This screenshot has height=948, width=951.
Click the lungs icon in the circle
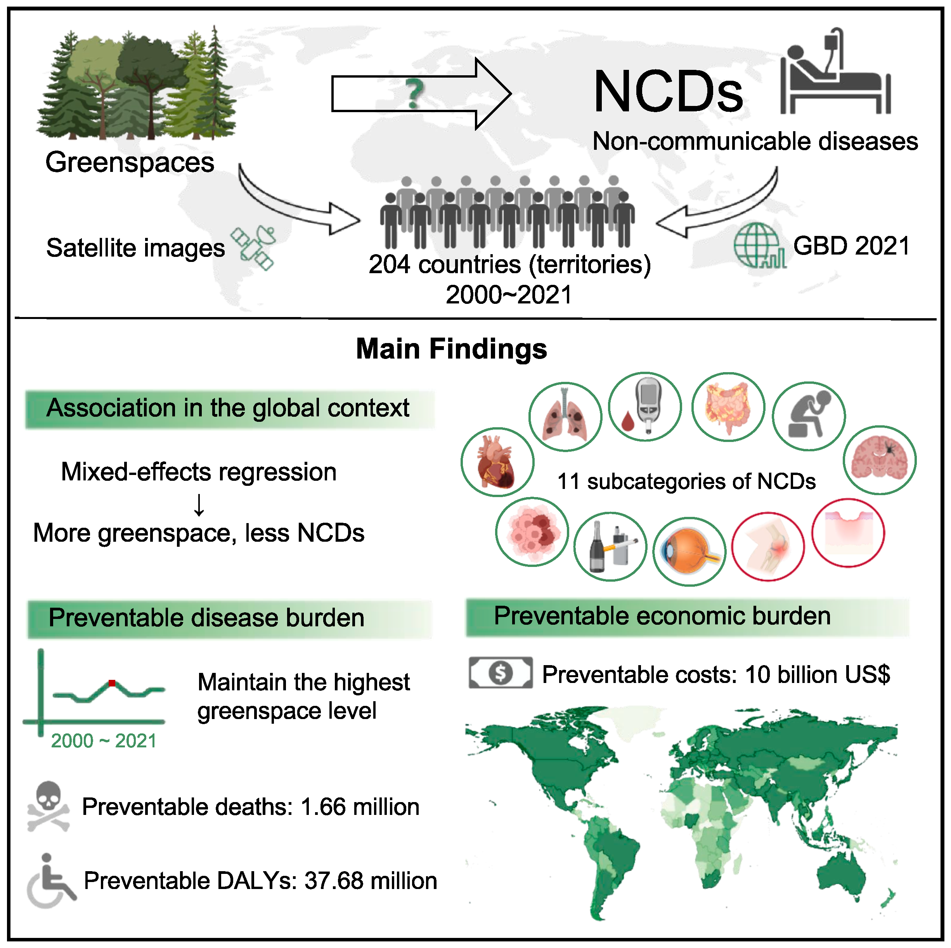[565, 416]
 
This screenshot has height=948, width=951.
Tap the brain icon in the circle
[879, 460]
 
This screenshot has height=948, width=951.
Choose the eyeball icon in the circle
[689, 551]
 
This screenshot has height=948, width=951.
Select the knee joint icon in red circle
[767, 546]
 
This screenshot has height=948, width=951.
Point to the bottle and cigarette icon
[610, 546]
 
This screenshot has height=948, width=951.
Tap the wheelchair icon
[49, 880]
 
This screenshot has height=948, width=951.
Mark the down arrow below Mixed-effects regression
[199, 504]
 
